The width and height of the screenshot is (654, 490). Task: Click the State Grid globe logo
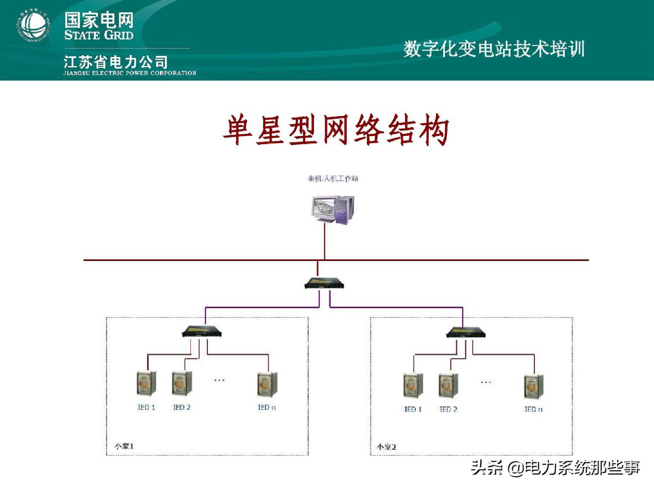tap(33, 25)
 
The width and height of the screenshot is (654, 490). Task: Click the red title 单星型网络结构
tap(336, 130)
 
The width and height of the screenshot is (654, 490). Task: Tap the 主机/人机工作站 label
tap(333, 179)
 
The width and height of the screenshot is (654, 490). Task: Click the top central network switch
tap(324, 283)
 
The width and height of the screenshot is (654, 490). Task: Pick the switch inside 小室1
tap(202, 332)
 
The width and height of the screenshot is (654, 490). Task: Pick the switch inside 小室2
tap(466, 332)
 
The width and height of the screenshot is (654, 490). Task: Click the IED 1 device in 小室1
tap(146, 383)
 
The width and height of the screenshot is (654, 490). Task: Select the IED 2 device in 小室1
tap(182, 383)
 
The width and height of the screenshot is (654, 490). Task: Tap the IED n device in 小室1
tap(267, 384)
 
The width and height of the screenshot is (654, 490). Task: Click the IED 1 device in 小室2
tap(413, 385)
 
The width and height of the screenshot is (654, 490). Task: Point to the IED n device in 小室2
tap(534, 386)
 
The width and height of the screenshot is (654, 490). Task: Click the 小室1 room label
tap(124, 446)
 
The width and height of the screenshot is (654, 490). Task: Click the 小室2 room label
tap(387, 447)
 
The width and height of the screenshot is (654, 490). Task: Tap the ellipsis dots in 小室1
tap(219, 380)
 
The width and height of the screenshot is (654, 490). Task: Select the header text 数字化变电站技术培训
tap(494, 49)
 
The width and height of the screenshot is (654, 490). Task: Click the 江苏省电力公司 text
tap(116, 62)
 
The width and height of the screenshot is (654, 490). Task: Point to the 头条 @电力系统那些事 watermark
tap(555, 467)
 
